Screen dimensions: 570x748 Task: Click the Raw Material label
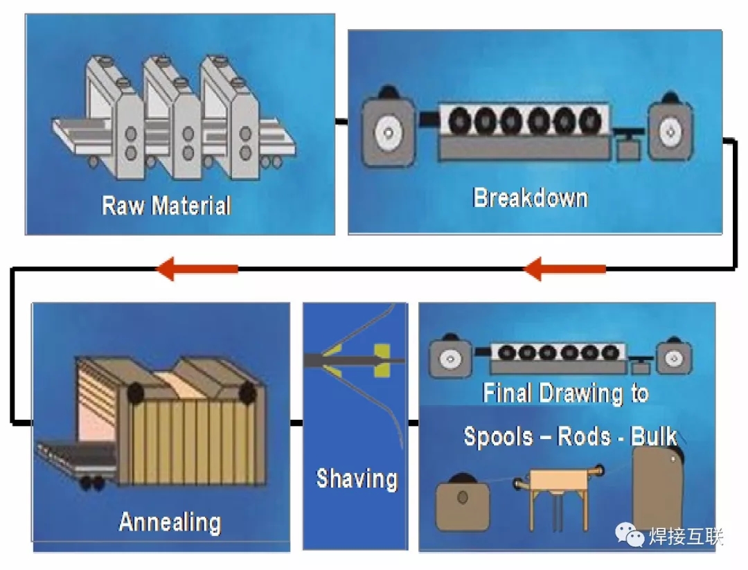pyautogui.click(x=166, y=206)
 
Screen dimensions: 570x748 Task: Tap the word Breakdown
pyautogui.click(x=530, y=198)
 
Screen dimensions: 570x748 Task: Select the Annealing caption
pyautogui.click(x=170, y=522)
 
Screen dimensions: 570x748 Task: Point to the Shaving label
pyautogui.click(x=356, y=479)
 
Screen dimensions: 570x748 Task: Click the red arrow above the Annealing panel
pyautogui.click(x=198, y=269)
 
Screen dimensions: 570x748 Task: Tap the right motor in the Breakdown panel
pyautogui.click(x=669, y=129)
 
